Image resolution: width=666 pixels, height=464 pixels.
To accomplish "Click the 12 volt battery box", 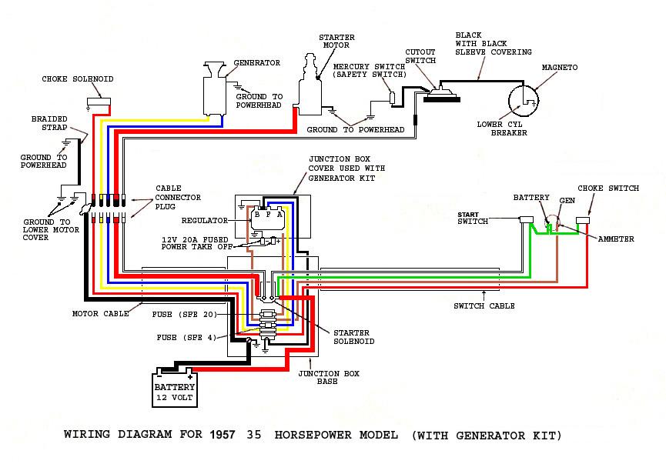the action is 175,388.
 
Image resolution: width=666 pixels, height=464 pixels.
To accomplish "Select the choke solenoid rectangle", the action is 99,102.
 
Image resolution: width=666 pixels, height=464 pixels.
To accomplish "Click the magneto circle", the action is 524,101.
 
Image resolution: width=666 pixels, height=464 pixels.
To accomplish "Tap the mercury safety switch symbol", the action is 393,98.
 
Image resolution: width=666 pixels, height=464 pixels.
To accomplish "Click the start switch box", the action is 527,219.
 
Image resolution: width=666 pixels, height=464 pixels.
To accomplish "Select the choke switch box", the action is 583,220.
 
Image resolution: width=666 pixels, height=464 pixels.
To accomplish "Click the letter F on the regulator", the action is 269,215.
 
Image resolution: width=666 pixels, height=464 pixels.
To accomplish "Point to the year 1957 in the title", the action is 223,434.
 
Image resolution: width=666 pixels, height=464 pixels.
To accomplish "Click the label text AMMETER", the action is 616,239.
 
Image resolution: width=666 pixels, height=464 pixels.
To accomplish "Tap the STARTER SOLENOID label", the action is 353,337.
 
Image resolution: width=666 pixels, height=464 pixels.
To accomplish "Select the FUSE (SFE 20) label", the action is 184,315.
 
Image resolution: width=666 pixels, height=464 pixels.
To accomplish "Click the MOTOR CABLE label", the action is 101,314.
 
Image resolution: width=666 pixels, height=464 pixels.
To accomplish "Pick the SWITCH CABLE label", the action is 484,306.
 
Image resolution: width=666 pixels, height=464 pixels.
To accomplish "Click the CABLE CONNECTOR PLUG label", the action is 178,198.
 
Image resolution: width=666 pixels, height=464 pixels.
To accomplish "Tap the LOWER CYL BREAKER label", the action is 502,129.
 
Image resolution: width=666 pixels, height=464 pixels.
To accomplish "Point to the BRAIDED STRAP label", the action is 49,123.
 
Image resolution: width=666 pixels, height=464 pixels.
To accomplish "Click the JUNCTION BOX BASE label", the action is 328,377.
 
